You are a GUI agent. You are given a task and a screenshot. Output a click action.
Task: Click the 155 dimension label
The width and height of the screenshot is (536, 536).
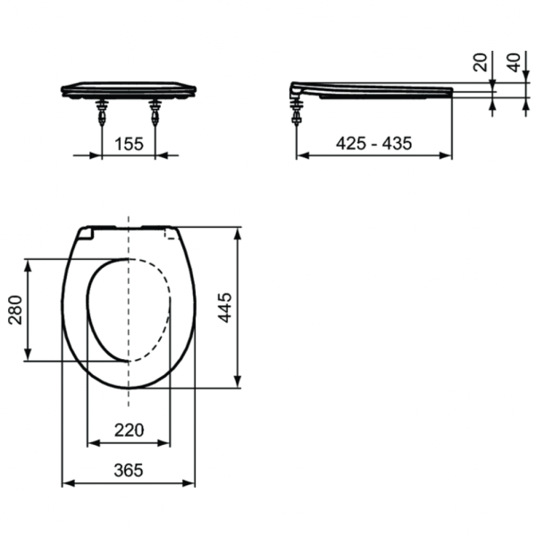point(129,142)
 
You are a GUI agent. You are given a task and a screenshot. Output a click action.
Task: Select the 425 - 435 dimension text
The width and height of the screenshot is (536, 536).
point(373,143)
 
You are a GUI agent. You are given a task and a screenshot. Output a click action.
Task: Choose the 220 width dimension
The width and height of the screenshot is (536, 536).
point(129,431)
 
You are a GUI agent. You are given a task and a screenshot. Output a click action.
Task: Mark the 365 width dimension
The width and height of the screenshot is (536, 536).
point(129,471)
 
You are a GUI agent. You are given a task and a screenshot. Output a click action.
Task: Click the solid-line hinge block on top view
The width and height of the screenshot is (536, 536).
point(86,233)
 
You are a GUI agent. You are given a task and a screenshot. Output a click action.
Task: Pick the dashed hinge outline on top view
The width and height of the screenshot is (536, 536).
point(170,234)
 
